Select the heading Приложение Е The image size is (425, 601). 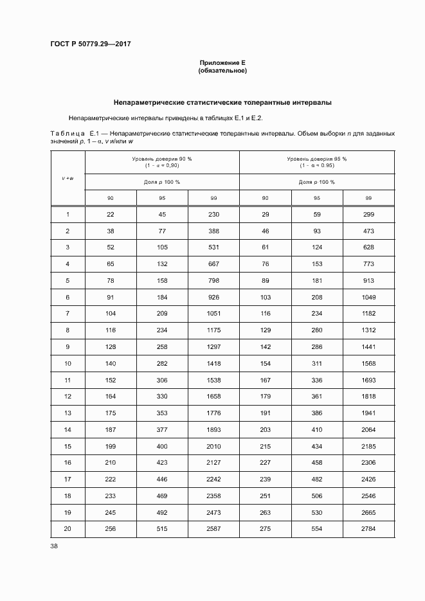point(222,62)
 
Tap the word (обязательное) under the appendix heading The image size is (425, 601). point(222,70)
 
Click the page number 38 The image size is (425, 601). point(54,546)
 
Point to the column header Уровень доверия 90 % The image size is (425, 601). point(162,158)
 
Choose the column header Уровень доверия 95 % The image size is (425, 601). point(316,158)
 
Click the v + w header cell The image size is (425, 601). point(68,177)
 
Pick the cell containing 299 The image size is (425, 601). point(368,214)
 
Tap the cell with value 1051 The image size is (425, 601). point(213,313)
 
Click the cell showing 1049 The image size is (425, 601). point(368,296)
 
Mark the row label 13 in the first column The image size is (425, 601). point(68,412)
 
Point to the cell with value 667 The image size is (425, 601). point(213,264)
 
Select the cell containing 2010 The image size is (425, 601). point(213,445)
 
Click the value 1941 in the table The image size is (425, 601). point(368,412)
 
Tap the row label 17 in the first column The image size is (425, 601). point(68,478)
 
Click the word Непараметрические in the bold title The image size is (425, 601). point(149,102)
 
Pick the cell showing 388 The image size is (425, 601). point(213,231)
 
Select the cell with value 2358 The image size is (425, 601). point(213,495)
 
